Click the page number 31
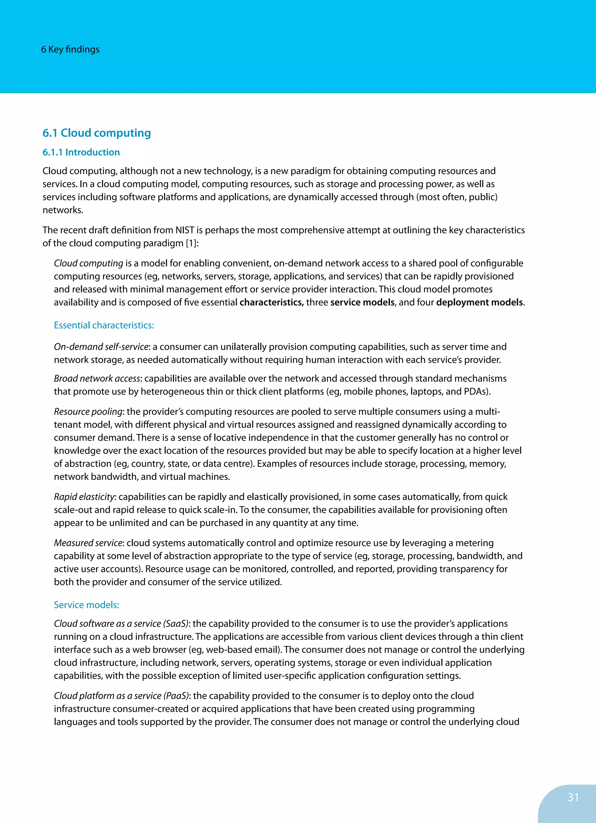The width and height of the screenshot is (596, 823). point(573,797)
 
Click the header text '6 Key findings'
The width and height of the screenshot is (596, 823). point(70,49)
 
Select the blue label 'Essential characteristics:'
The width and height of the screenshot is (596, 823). point(104,325)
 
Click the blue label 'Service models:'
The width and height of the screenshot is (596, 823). point(86,604)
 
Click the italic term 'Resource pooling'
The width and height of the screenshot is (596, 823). point(88,411)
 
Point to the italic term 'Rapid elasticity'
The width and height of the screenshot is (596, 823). point(84,496)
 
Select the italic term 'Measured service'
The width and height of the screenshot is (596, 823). point(88,543)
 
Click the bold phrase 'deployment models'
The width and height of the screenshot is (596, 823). point(479,302)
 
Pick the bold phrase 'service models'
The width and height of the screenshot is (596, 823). point(362,302)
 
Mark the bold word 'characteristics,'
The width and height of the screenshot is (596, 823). point(272,302)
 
